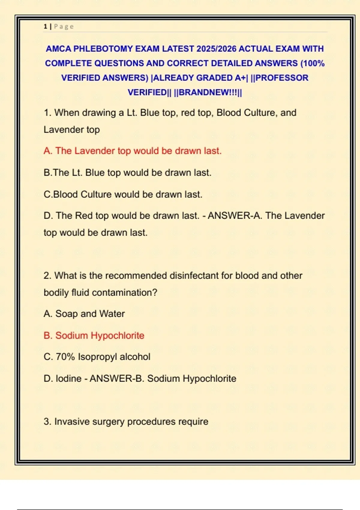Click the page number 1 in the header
(45, 26)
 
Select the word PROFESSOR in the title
(282, 78)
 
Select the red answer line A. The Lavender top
(132, 151)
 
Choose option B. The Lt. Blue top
(127, 172)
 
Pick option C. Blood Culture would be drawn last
(123, 194)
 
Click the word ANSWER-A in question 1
(234, 215)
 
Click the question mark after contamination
(155, 292)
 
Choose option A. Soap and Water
(84, 313)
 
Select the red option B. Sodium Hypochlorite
(94, 335)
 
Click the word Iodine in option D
(68, 378)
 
